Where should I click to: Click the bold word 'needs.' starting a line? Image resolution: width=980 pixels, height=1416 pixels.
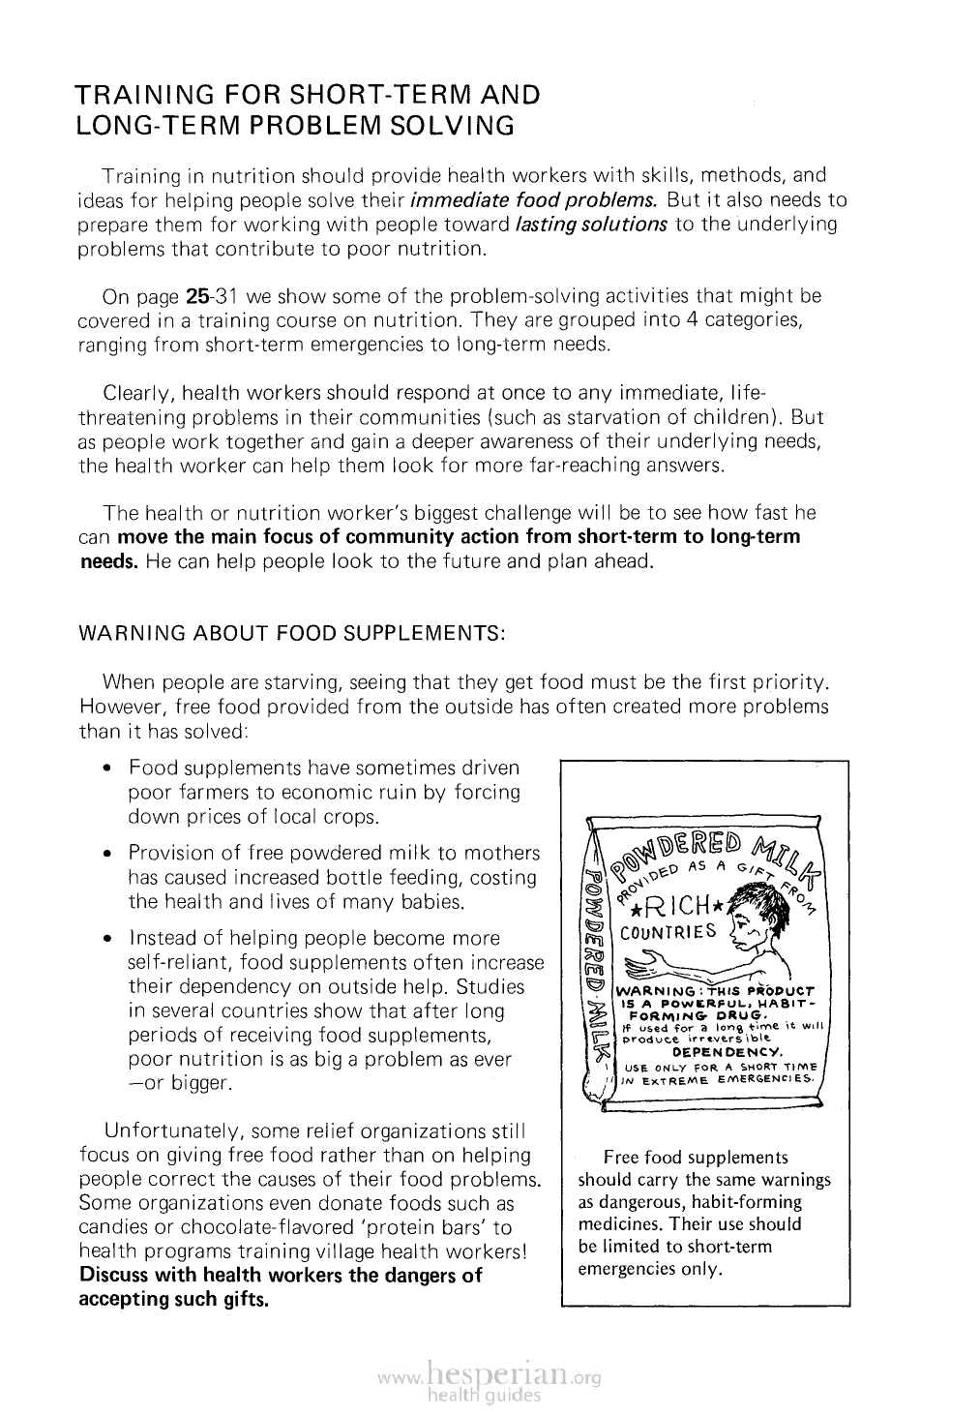(108, 561)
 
